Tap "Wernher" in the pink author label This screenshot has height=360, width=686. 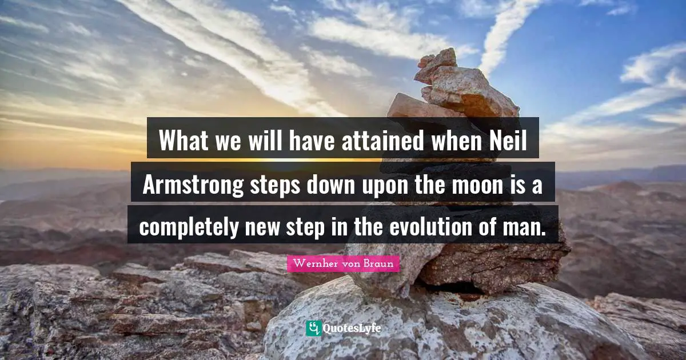312,264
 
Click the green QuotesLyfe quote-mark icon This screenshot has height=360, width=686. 313,328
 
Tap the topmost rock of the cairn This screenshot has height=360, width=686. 438,59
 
